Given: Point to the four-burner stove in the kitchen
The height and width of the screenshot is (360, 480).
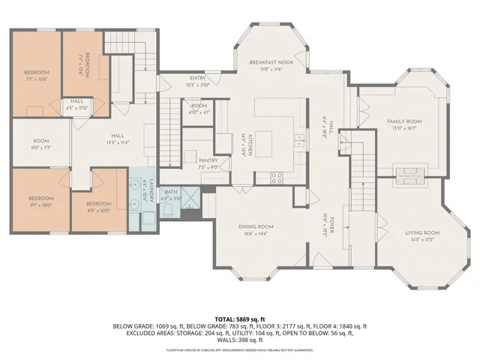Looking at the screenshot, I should click(x=276, y=178).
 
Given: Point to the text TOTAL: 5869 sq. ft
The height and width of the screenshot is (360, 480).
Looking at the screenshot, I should click(x=240, y=319).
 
